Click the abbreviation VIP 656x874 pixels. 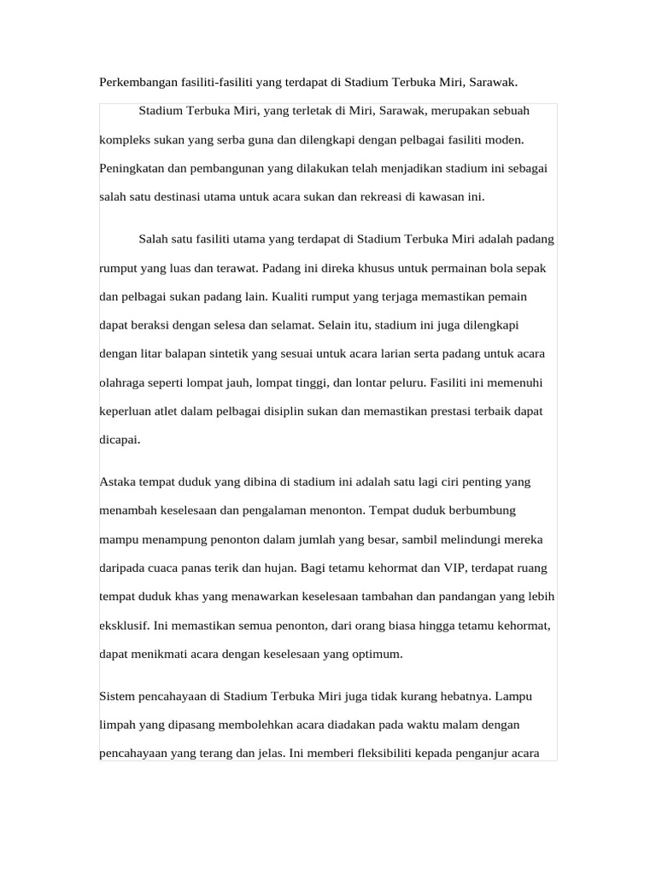click(x=454, y=568)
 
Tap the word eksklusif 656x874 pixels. click(x=125, y=626)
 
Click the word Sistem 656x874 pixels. click(x=118, y=696)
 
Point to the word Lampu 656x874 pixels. click(x=515, y=696)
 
